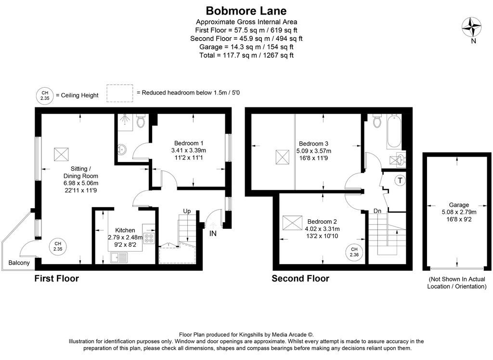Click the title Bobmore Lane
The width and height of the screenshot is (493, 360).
click(246, 10)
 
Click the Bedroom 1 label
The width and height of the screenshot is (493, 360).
click(189, 143)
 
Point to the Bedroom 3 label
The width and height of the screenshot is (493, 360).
click(313, 144)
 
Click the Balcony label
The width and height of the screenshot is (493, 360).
click(19, 263)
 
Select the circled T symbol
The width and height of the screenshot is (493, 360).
click(400, 181)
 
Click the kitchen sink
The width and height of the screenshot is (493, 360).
click(119, 258)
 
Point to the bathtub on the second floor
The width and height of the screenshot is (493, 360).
click(394, 133)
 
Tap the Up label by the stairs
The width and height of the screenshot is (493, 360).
click(187, 211)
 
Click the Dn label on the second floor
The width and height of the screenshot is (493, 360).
click(377, 211)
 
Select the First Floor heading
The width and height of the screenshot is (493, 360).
click(56, 279)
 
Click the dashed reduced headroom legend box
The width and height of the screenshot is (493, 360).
click(119, 93)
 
